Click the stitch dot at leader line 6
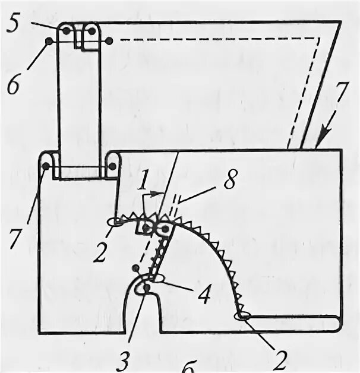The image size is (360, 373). [x=49, y=41]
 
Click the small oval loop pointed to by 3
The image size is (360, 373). [x=144, y=287]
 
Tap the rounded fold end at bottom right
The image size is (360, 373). [x=336, y=322]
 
